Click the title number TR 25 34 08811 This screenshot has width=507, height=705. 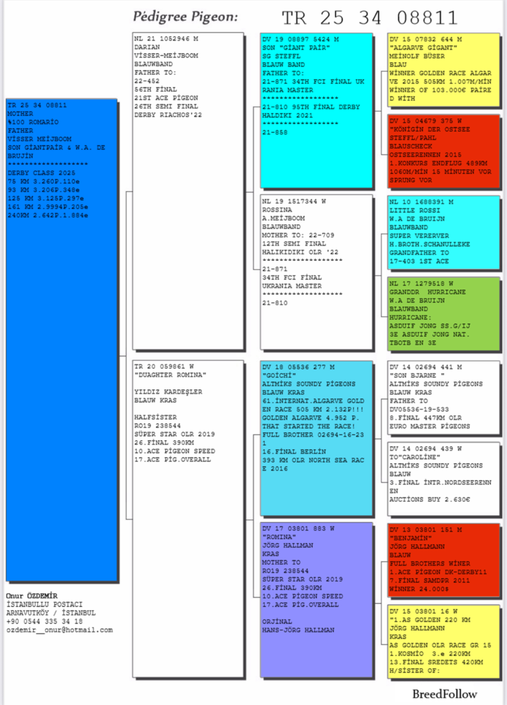click(370, 18)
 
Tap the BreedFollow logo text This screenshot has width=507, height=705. click(444, 694)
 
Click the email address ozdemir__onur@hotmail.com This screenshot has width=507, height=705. click(59, 630)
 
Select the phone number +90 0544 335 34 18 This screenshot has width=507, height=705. click(44, 621)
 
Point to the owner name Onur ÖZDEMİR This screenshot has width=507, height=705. click(32, 596)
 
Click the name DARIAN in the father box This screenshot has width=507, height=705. click(147, 47)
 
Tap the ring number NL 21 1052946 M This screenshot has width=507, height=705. click(166, 39)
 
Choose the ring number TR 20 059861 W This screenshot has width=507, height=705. click(164, 367)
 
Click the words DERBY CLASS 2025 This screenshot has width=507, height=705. click(41, 173)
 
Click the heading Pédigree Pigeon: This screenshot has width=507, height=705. click(185, 17)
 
